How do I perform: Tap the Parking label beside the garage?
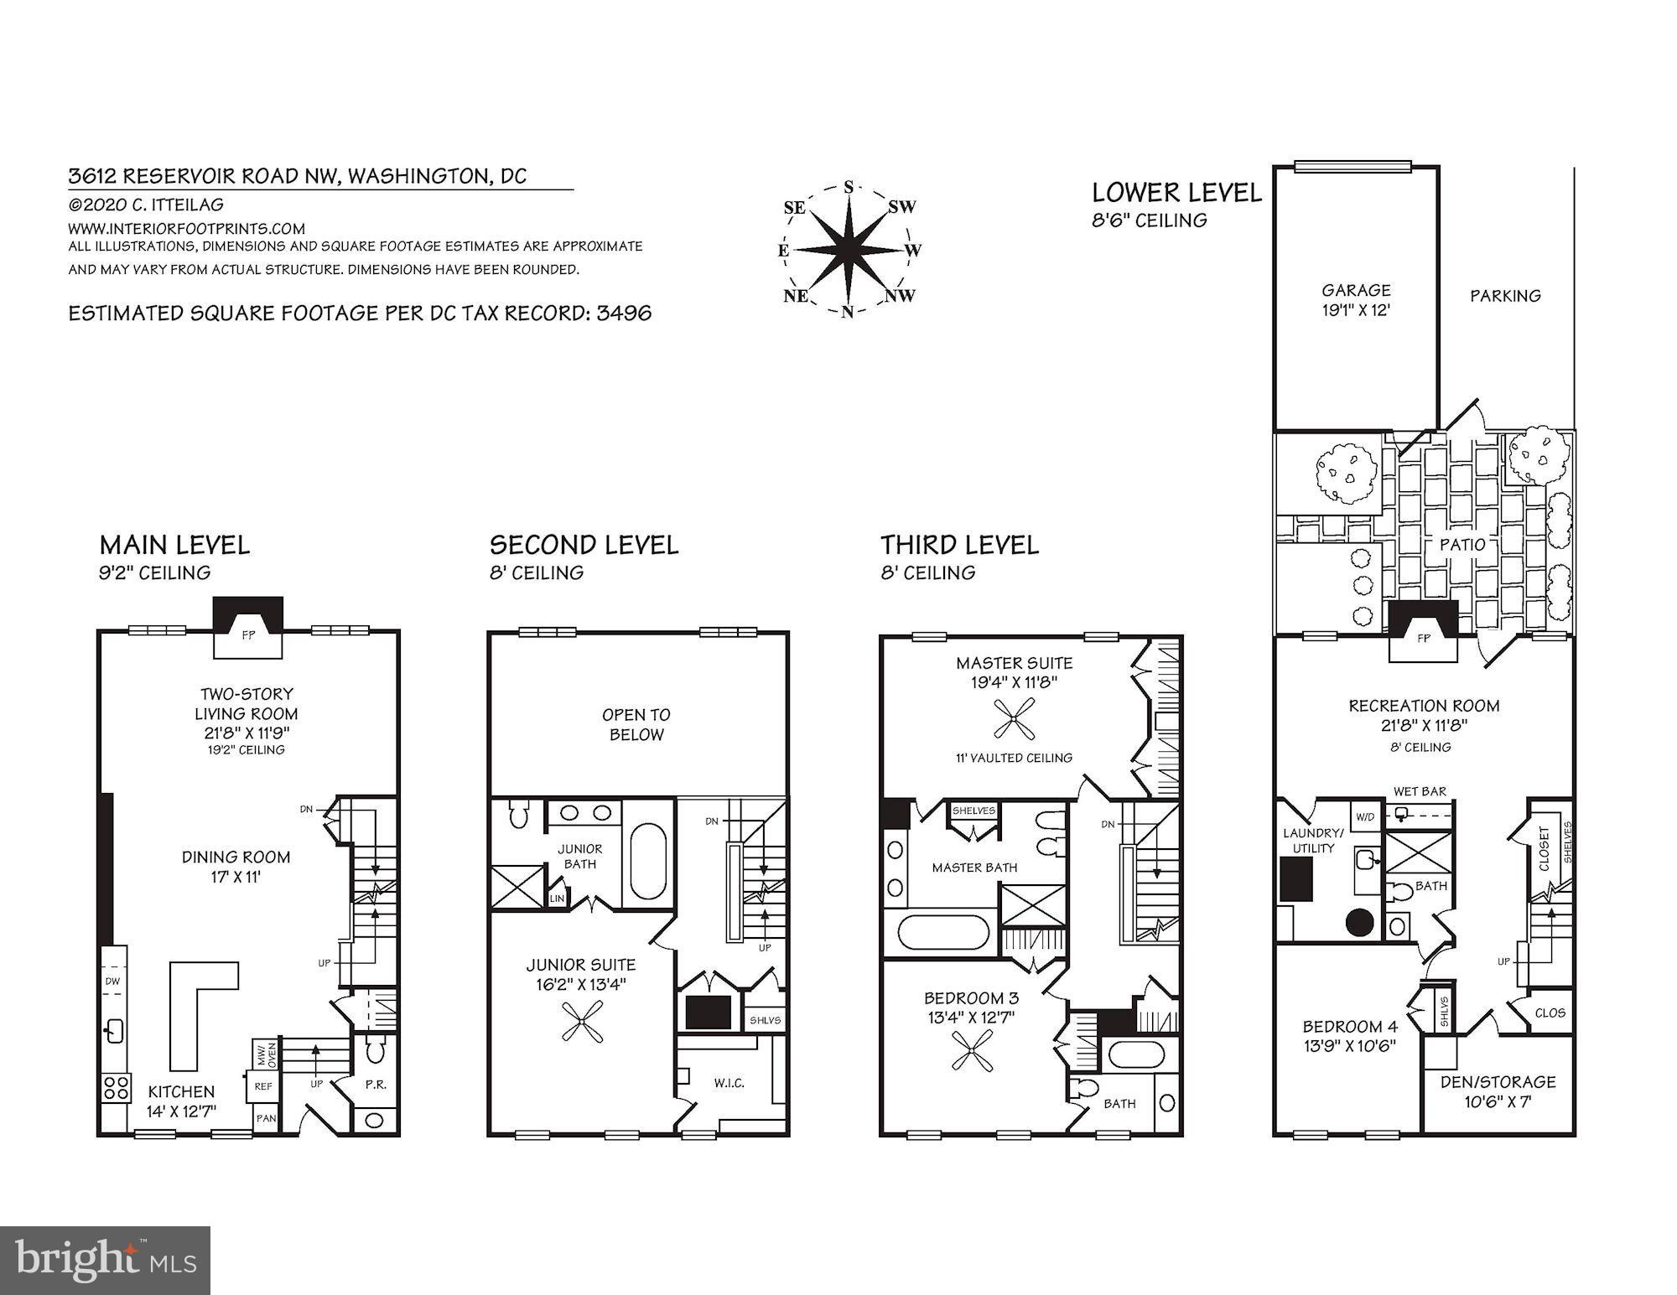click(1505, 295)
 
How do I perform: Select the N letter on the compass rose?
click(848, 313)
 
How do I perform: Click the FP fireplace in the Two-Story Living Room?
click(248, 635)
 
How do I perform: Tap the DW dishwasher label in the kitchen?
click(112, 981)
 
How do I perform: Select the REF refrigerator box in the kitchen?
click(263, 1085)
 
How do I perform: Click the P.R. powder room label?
click(376, 1085)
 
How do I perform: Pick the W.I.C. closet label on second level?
click(729, 1083)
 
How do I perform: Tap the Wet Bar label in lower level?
click(1419, 791)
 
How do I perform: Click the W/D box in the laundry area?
click(1364, 816)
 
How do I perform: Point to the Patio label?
click(1462, 544)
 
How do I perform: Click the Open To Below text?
click(636, 724)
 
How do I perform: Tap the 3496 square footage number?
click(624, 313)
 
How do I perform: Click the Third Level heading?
click(959, 546)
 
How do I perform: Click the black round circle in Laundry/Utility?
click(1359, 923)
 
